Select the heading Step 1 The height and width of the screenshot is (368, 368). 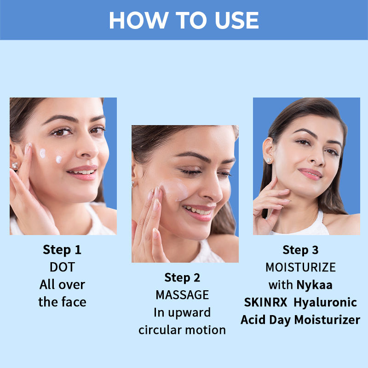pyautogui.click(x=62, y=250)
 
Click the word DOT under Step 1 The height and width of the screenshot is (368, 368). pyautogui.click(x=62, y=267)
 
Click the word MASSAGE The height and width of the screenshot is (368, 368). pyautogui.click(x=182, y=295)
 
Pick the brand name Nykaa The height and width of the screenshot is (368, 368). pyautogui.click(x=314, y=285)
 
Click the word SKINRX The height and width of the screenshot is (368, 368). pyautogui.click(x=264, y=302)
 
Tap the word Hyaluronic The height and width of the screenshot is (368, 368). pyautogui.click(x=326, y=302)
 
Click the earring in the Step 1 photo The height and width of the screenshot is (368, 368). pyautogui.click(x=15, y=165)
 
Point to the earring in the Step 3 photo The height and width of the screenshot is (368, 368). pyautogui.click(x=268, y=160)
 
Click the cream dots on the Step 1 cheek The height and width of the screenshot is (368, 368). pyautogui.click(x=51, y=155)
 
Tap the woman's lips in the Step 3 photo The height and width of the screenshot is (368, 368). pyautogui.click(x=310, y=173)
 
